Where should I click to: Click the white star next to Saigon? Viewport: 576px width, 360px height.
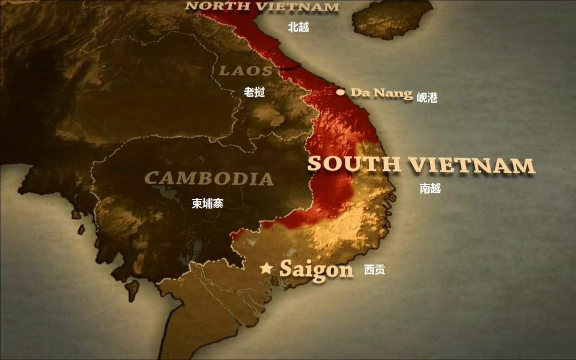tap(266, 268)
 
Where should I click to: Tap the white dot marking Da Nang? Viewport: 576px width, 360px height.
tap(341, 92)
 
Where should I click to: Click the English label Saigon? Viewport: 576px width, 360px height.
tap(316, 270)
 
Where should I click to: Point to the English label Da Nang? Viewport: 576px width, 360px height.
tap(381, 93)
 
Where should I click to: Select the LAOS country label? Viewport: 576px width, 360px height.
tap(245, 71)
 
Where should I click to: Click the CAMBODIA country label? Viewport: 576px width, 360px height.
tap(209, 178)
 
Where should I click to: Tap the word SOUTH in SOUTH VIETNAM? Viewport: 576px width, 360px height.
tap(354, 164)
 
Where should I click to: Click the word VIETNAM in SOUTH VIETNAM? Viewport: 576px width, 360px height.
tap(471, 165)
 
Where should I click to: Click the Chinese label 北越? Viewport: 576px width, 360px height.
tap(298, 28)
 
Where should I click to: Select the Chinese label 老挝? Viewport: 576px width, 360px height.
tap(254, 92)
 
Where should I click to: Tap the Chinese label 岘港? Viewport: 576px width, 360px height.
tap(427, 98)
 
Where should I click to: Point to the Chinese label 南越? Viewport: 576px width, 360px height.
tap(430, 189)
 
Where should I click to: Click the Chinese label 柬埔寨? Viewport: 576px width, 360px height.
tap(207, 203)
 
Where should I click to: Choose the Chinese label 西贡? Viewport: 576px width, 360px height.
tap(374, 270)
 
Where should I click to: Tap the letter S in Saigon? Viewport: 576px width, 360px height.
tap(285, 269)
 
